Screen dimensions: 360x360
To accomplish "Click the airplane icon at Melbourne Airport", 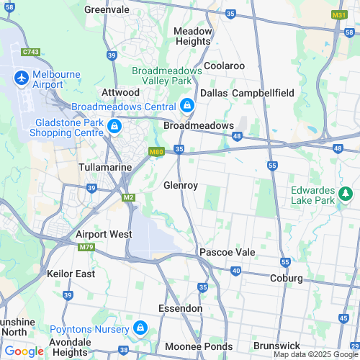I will tap(21, 76).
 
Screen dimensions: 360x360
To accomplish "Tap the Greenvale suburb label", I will tap(107, 9).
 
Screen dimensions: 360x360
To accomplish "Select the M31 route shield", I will tap(339, 14).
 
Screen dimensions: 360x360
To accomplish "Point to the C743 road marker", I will tap(30, 52).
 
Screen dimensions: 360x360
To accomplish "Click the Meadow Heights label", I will tap(193, 36).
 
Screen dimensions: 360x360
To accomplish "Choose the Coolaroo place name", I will tap(224, 66).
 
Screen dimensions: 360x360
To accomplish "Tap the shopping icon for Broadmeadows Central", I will tap(186, 106).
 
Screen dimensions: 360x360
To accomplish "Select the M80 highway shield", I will tap(156, 152).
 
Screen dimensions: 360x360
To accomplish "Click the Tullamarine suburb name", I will tap(105, 167).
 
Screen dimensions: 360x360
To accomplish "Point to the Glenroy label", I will tap(181, 185).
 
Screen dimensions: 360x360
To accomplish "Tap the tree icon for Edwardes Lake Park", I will tap(346, 193).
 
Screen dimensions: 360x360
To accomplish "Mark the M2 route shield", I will tap(128, 197).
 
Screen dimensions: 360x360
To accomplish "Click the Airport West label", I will tap(104, 235).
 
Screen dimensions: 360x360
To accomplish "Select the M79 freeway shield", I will tap(86, 248).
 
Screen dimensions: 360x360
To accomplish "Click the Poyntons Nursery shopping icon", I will tap(140, 328).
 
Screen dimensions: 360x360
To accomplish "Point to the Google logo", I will tap(24, 351).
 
